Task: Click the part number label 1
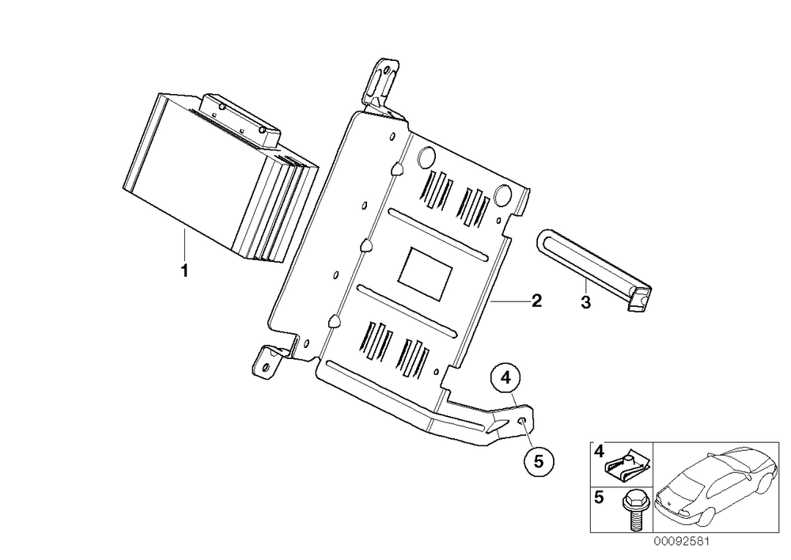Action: click(x=184, y=271)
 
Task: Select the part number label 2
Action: click(x=536, y=301)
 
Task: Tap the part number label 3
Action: click(x=585, y=303)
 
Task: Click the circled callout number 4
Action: click(x=506, y=376)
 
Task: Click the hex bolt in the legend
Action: click(x=633, y=510)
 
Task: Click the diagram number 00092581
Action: click(x=681, y=541)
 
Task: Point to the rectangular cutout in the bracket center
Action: click(x=425, y=273)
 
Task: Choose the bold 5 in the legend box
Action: click(x=599, y=498)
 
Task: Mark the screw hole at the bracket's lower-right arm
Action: click(x=523, y=422)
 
